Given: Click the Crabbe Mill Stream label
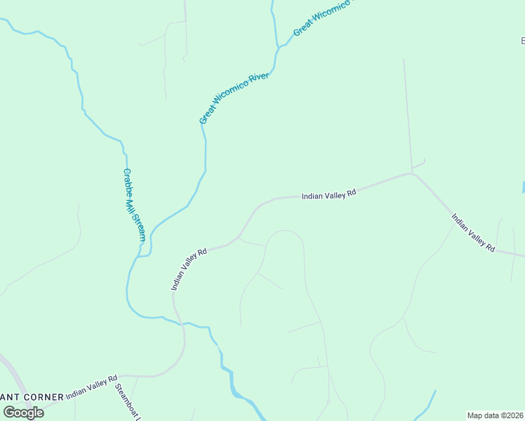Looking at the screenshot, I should point(134,205).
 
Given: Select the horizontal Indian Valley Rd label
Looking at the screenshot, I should point(329,194).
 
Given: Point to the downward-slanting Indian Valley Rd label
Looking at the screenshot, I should point(473,233).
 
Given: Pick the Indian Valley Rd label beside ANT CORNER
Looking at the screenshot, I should point(91,388).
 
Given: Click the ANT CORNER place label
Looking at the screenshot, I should point(32,397).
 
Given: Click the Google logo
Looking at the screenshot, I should point(23,412).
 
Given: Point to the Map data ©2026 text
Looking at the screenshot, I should point(496,415).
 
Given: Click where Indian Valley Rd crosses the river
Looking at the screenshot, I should point(181,323).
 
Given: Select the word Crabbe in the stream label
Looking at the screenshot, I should point(128,181).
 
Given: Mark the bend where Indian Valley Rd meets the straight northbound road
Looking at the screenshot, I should point(411,173).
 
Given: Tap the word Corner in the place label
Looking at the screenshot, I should point(44,397).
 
